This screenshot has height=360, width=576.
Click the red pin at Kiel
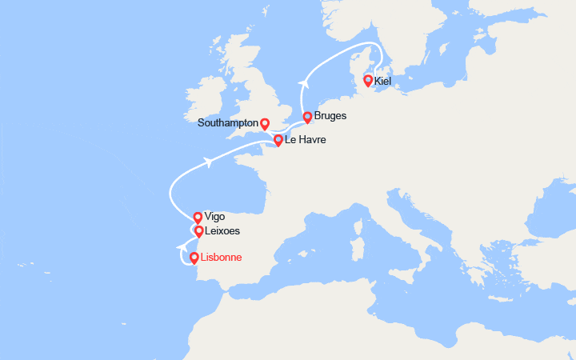click(368, 80)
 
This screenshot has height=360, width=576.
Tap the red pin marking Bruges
click(307, 118)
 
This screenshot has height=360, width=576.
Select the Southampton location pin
click(265, 124)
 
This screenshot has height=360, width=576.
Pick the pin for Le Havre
click(278, 141)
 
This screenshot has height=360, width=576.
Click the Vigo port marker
click(198, 217)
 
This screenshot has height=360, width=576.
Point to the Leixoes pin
click(199, 231)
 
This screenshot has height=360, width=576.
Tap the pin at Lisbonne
click(194, 258)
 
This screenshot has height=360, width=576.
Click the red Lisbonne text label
click(220, 258)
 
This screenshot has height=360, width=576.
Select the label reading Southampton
click(229, 124)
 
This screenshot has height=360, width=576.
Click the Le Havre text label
click(306, 141)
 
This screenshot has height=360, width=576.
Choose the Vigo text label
click(215, 217)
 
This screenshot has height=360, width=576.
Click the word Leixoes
click(223, 231)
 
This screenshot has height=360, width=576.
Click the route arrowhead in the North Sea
click(304, 81)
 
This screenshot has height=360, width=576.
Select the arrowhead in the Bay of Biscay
click(209, 162)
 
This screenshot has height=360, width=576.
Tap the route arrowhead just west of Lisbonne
click(180, 249)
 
